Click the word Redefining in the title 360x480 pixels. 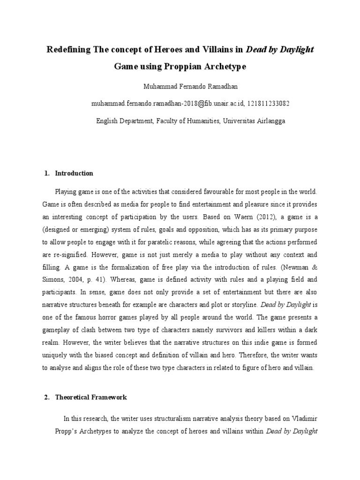click(69, 50)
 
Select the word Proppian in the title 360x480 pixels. click(183, 67)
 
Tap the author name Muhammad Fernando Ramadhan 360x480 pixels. click(180, 87)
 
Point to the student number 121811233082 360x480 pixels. click(266, 104)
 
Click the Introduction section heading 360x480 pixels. click(74, 173)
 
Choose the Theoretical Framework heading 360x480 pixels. click(91, 397)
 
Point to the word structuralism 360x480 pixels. click(169, 418)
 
